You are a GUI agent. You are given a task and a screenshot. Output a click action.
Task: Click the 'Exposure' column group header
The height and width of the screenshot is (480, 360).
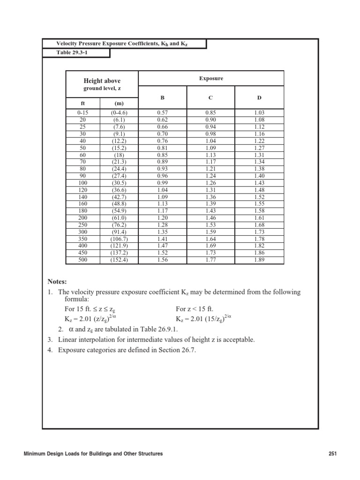[211, 78]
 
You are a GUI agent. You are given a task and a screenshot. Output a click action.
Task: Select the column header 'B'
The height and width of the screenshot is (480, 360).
[162, 97]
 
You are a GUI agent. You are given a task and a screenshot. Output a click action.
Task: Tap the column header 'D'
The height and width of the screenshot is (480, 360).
[259, 97]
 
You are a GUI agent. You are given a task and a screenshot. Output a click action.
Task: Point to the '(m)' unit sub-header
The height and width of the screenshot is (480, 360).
[119, 103]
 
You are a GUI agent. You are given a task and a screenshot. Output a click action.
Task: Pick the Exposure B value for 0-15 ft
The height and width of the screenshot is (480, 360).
[162, 113]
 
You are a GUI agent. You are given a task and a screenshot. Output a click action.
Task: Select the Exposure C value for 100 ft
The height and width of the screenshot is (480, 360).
[211, 182]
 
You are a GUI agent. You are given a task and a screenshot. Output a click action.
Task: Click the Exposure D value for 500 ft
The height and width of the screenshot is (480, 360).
[259, 260]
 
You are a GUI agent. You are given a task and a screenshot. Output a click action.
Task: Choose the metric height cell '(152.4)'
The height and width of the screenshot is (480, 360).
[119, 260]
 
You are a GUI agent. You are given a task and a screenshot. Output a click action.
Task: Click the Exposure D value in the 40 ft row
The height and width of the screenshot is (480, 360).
[259, 140]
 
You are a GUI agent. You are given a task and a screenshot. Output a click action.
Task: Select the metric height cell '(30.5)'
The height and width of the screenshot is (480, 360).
[119, 182]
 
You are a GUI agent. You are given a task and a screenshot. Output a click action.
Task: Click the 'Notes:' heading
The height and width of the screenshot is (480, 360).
[57, 282]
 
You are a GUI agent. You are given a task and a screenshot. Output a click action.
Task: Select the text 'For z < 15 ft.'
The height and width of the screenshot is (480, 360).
[195, 309]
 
